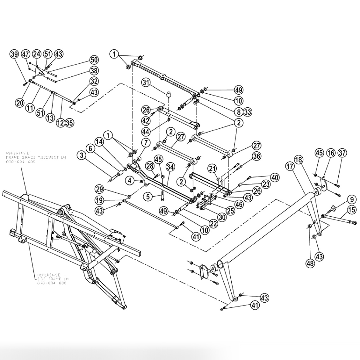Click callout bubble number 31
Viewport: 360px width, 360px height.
click(x=146, y=83)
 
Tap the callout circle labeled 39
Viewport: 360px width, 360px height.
click(x=14, y=54)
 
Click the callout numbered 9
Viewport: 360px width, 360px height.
click(x=351, y=200)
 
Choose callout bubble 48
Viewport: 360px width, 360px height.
click(x=310, y=263)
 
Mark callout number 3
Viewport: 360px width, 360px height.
click(x=82, y=155)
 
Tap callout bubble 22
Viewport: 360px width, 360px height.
click(x=214, y=224)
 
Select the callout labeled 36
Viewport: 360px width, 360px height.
click(x=256, y=156)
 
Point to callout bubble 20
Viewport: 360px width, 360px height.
click(x=20, y=102)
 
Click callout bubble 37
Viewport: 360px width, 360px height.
click(x=342, y=153)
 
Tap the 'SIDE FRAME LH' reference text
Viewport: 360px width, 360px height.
click(x=53, y=279)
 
